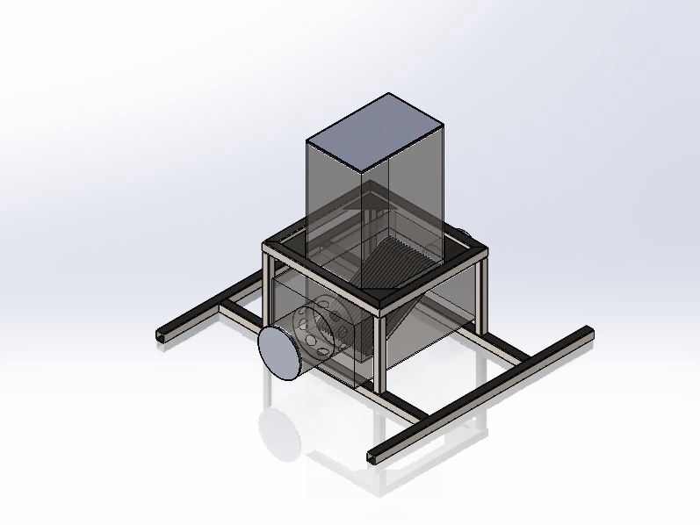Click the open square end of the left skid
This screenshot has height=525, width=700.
point(161,338)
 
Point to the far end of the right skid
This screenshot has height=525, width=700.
point(587,332)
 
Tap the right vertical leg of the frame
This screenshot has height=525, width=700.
point(481,294)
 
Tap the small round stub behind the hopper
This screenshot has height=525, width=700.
point(460,233)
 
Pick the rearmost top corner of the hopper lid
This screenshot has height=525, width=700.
point(388,94)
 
